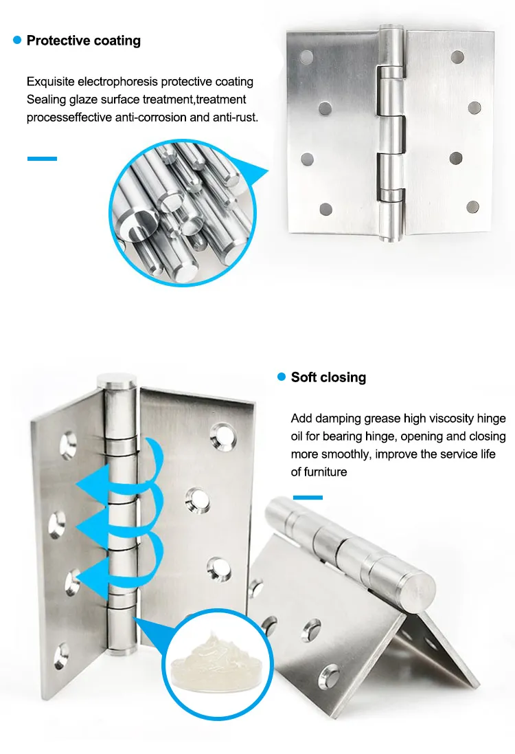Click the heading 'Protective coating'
tap(83, 41)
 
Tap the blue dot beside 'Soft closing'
tap(281, 377)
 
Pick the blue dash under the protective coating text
tap(42, 159)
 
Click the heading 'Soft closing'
tap(328, 377)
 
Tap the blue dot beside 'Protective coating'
tap(17, 41)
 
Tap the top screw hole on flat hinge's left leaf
tap(306, 56)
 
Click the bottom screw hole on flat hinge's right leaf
tap(472, 207)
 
